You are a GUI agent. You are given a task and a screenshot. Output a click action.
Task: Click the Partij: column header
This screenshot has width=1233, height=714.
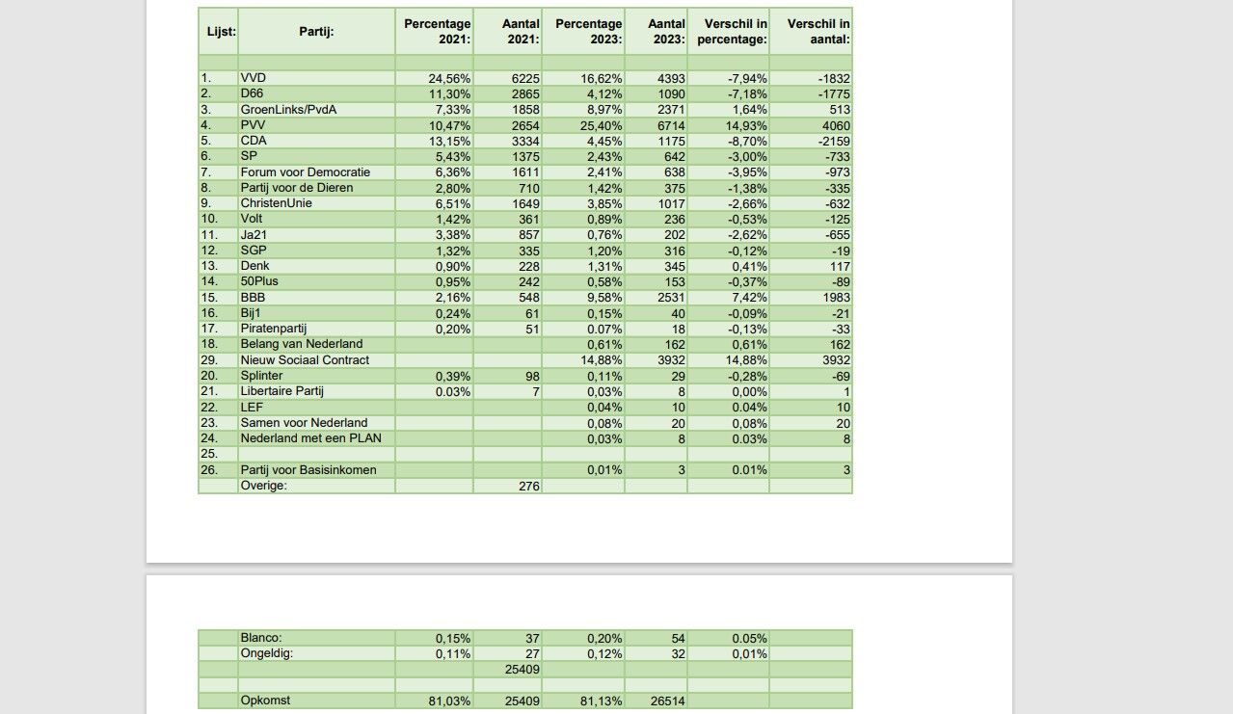[315, 32]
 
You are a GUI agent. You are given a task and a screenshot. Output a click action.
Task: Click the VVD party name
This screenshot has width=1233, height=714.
[254, 78]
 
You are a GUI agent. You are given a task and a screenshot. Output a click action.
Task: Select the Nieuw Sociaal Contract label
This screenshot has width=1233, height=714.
[305, 360]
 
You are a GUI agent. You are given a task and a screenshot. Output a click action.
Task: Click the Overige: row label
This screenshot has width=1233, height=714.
[264, 486]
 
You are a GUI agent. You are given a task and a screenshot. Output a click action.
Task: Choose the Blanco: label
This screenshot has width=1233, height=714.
[261, 638]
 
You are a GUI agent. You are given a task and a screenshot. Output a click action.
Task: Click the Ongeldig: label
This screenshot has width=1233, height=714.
[266, 653]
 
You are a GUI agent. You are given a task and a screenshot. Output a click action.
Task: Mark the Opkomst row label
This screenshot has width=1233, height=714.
[265, 701]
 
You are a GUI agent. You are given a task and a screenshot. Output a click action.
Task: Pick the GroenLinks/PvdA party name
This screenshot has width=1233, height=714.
[288, 110]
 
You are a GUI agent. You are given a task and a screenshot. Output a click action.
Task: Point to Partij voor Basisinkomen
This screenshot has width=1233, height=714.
[308, 470]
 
